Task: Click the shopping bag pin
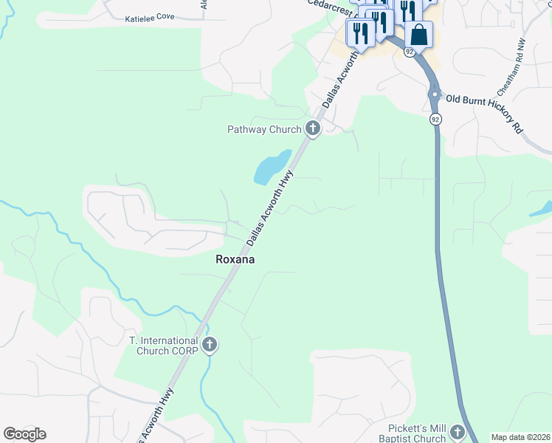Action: click(x=418, y=35)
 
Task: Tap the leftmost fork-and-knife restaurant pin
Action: click(x=360, y=33)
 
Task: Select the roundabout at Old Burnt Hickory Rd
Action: click(x=435, y=95)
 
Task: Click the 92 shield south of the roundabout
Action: click(x=435, y=119)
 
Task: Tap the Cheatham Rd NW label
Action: click(x=511, y=66)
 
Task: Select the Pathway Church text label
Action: click(x=264, y=130)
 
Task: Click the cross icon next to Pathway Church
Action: click(x=313, y=129)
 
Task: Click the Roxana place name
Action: click(x=235, y=259)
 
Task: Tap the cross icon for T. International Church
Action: click(x=210, y=345)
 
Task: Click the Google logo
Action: click(x=24, y=434)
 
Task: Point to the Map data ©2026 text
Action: click(x=520, y=437)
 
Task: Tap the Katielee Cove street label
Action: click(x=150, y=16)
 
